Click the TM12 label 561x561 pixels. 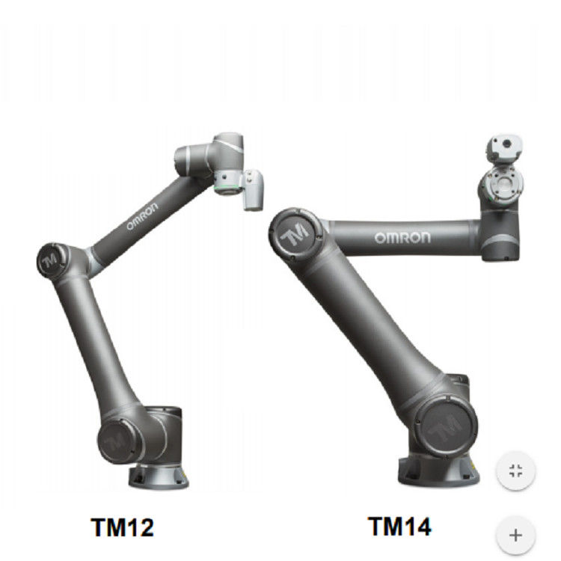click(x=123, y=527)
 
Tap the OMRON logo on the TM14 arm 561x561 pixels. click(x=402, y=238)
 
